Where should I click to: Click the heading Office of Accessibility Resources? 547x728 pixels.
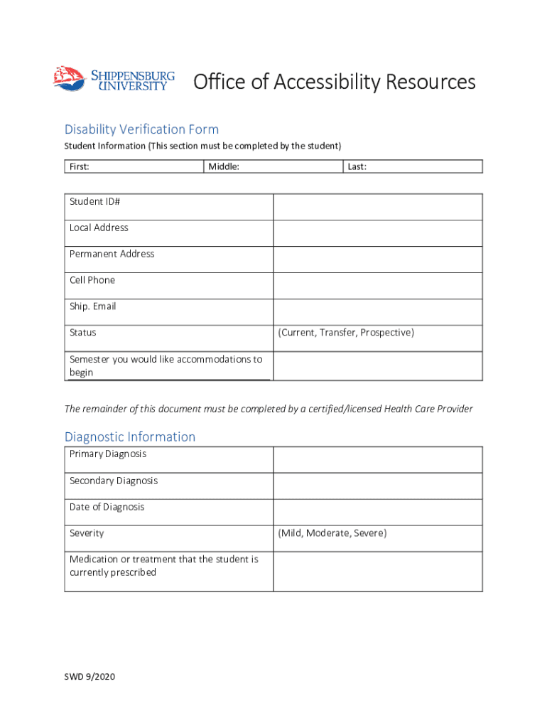335,82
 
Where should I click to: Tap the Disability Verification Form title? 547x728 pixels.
141,129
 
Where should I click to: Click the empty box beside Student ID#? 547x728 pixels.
377,207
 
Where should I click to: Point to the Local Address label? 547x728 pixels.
99,227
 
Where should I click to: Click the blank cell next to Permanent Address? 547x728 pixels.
377,259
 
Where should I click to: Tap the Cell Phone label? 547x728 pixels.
92,280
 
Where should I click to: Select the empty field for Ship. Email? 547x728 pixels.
377,312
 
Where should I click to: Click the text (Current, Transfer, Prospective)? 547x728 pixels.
346,333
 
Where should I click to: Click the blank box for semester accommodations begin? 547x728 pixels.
377,366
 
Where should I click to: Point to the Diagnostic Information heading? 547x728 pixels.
130,437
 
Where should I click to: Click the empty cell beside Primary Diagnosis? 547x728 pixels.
377,460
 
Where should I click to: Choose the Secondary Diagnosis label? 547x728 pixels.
114,481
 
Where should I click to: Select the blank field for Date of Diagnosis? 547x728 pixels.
377,513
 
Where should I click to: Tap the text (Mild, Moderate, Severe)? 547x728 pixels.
332,533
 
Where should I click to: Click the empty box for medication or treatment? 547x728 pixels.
377,572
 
